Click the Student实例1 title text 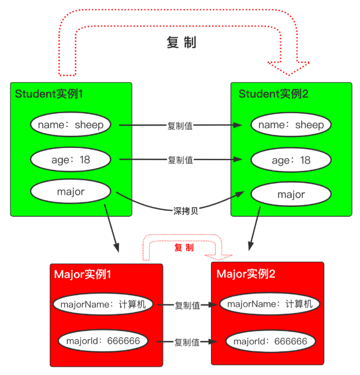pos(49,94)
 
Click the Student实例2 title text pos(273,94)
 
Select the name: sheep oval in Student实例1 pos(70,125)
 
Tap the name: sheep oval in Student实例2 pos(291,125)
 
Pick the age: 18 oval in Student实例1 pos(70,159)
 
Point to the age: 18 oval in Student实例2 pos(291,160)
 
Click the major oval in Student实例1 pos(70,192)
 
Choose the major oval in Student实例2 pos(291,195)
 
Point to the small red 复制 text pos(184,247)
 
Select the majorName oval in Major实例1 pos(103,305)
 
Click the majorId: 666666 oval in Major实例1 pos(103,341)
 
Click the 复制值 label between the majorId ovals pos(187,342)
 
